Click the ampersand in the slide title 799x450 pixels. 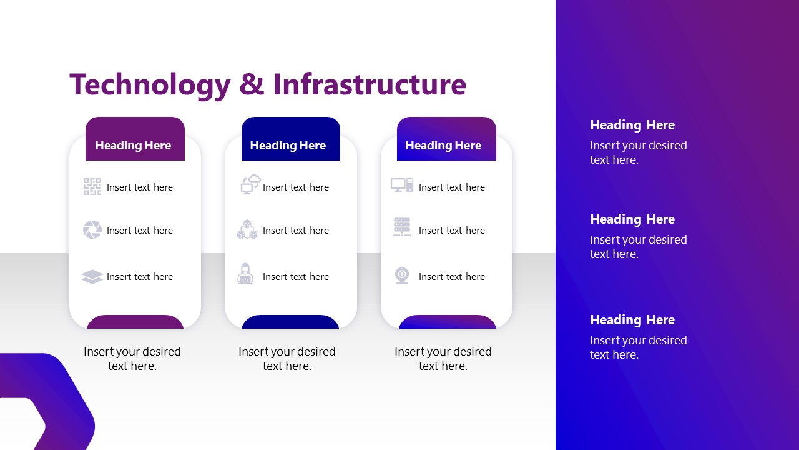click(x=252, y=84)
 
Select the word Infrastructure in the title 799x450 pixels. click(x=370, y=84)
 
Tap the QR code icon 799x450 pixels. click(x=92, y=187)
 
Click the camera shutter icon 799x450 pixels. click(x=92, y=229)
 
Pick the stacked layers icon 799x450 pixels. click(x=92, y=276)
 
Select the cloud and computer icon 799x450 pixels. click(x=250, y=184)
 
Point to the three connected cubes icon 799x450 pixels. click(x=247, y=229)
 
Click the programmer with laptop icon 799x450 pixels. click(x=245, y=274)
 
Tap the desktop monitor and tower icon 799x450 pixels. click(x=402, y=185)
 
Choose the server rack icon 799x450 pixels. click(x=402, y=226)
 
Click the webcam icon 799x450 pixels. click(x=402, y=276)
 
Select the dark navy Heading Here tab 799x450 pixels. click(x=291, y=139)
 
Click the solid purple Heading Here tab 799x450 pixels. click(x=135, y=139)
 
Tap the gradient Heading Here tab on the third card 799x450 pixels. click(x=446, y=139)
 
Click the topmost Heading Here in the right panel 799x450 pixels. click(x=632, y=125)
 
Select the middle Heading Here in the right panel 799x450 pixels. click(x=632, y=219)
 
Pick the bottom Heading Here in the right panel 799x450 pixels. click(x=632, y=320)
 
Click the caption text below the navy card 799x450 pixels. click(x=287, y=359)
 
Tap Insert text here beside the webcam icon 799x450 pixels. click(x=452, y=277)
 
